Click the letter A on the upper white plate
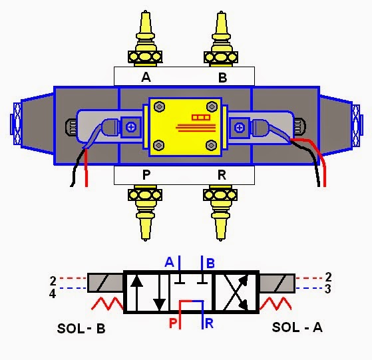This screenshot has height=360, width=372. pyautogui.click(x=146, y=77)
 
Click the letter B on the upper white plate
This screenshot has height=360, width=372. pyautogui.click(x=222, y=78)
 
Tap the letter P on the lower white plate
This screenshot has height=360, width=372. pyautogui.click(x=146, y=175)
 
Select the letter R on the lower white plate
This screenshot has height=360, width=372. pyautogui.click(x=222, y=175)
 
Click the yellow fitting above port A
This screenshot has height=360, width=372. pyautogui.click(x=145, y=39)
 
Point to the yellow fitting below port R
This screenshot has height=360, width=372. pyautogui.click(x=220, y=213)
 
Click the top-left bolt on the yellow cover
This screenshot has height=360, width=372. pyautogui.click(x=160, y=107)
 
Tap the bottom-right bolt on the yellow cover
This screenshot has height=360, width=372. pyautogui.click(x=211, y=145)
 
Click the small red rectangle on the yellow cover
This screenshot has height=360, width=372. pyautogui.click(x=201, y=117)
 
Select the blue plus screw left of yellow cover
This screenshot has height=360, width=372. pyautogui.click(x=130, y=127)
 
